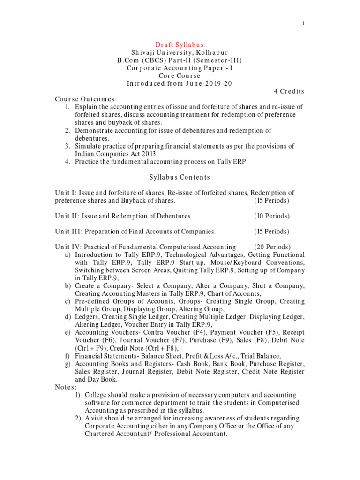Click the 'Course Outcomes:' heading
86,99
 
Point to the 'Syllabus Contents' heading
180,177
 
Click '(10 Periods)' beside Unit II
272,216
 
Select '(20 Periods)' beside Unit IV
272,247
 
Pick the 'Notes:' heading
66,387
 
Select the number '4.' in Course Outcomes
68,162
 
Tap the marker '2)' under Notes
79,419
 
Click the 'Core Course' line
180,75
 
